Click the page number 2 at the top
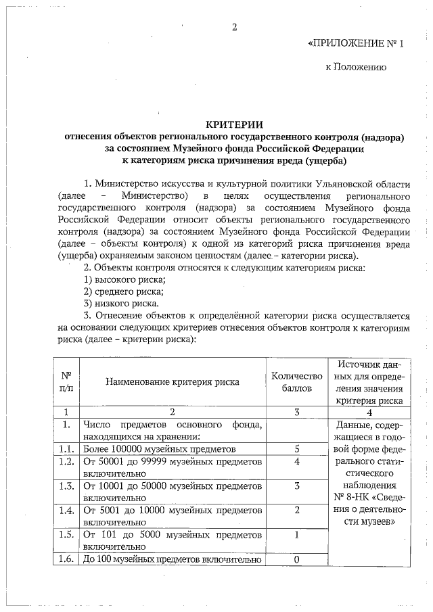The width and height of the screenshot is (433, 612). tap(234, 28)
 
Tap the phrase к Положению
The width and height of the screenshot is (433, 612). tap(355, 68)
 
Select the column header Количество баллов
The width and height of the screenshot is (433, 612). tap(297, 381)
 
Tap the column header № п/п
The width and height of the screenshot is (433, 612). tap(66, 381)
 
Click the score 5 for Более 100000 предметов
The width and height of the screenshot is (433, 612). tap(297, 448)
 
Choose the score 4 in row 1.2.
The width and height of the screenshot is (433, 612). tap(297, 461)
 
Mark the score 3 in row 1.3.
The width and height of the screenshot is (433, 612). tap(297, 486)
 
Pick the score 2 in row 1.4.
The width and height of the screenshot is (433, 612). tap(297, 510)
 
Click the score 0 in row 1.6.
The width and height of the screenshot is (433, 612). tap(297, 559)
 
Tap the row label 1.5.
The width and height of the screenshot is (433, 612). tap(66, 534)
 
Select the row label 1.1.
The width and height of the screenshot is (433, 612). tap(66, 448)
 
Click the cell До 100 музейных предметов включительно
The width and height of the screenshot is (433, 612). tap(172, 559)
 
